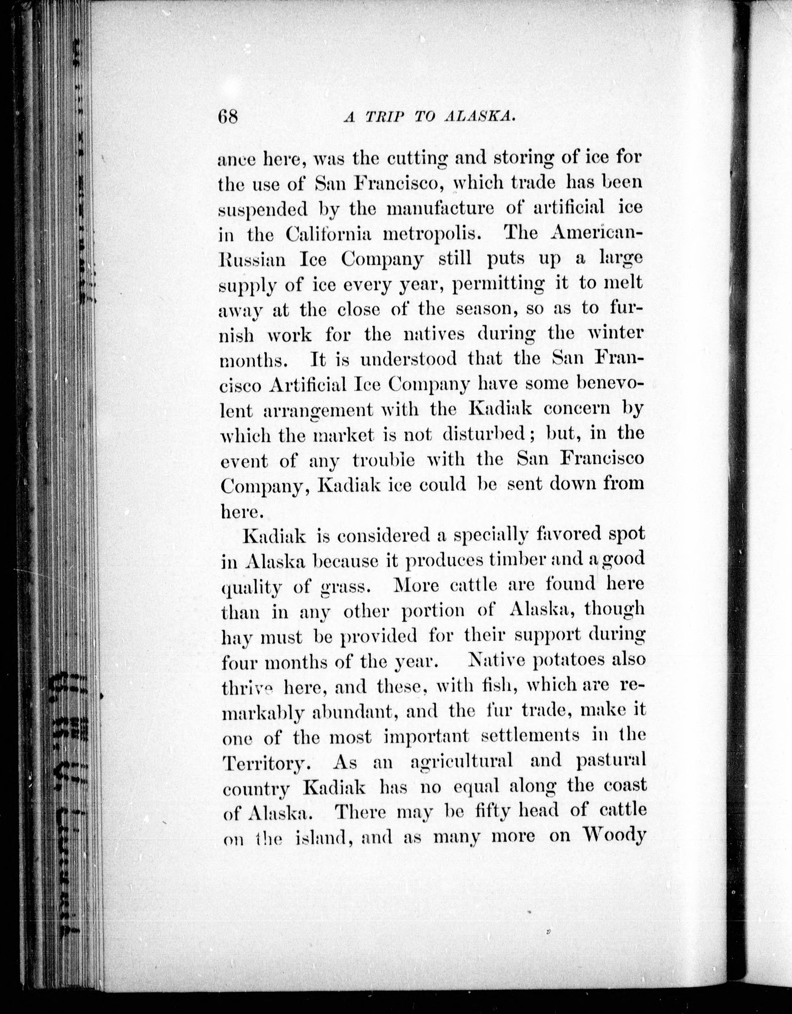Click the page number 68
[227, 117]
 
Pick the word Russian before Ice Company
[252, 260]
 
